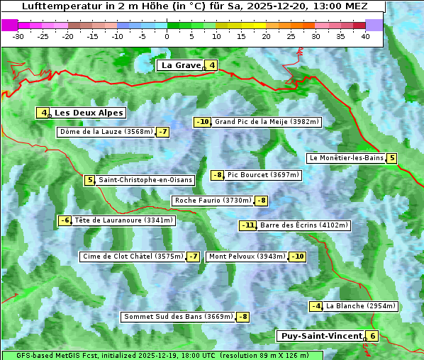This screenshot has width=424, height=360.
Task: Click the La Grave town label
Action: click(181, 65)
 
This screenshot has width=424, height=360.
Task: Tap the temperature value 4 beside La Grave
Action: click(211, 66)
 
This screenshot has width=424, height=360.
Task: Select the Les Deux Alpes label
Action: click(89, 113)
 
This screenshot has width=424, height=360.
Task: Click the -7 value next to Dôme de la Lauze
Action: click(163, 132)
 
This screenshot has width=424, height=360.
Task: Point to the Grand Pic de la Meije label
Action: click(267, 122)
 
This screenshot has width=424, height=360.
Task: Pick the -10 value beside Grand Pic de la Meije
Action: click(203, 122)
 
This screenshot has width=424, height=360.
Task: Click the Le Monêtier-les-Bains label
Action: click(346, 158)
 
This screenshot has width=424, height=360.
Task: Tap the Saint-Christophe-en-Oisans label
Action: click(145, 180)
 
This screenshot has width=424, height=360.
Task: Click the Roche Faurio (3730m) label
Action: click(213, 201)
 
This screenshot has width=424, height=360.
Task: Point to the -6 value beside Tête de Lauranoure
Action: click(65, 220)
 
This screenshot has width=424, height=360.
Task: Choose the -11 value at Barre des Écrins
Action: click(247, 225)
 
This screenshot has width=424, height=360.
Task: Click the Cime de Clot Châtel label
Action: click(132, 257)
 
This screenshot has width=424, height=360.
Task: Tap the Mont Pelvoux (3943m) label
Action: click(247, 257)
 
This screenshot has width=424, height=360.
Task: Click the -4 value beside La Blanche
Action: click(316, 306)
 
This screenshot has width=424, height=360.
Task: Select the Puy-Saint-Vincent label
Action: click(320, 336)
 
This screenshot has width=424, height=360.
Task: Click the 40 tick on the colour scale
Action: click(365, 36)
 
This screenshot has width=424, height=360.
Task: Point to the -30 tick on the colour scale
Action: click(19, 36)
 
